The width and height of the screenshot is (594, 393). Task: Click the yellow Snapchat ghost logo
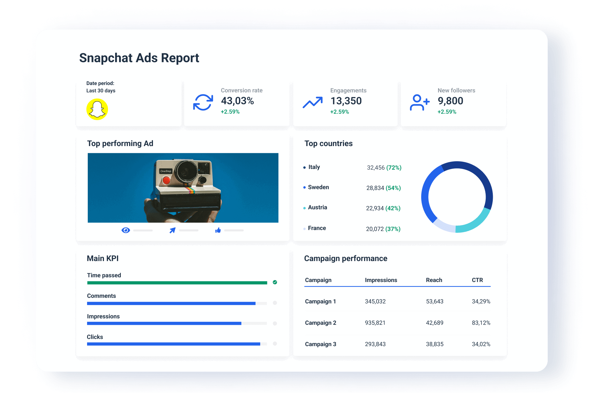[x=97, y=109]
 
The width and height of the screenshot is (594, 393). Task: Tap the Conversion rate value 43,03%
[x=237, y=101]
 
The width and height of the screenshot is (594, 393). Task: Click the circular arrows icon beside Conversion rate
[x=203, y=102]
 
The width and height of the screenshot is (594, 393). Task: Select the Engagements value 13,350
[x=346, y=101]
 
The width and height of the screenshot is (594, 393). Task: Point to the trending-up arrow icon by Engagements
[x=313, y=103]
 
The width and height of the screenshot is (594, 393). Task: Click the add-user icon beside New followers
[x=420, y=103]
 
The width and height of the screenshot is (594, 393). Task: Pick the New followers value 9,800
[x=450, y=101]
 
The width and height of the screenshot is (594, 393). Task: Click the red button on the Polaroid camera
[x=166, y=180]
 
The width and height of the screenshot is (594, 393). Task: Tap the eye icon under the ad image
[x=126, y=230]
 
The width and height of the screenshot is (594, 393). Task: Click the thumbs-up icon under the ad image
[x=218, y=230]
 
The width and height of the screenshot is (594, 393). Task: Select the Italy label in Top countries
[x=314, y=167]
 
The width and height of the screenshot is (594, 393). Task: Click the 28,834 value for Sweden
[x=375, y=188]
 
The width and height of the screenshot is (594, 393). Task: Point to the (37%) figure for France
[x=393, y=229]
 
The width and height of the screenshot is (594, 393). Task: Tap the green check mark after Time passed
[x=275, y=282]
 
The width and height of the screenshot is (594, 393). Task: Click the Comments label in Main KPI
[x=101, y=296]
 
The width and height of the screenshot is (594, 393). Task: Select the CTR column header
[x=477, y=280]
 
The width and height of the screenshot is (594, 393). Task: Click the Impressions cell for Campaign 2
[x=375, y=323]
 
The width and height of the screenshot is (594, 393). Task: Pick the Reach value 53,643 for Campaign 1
[x=434, y=302]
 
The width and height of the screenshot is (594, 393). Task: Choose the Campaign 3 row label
[x=320, y=344]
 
